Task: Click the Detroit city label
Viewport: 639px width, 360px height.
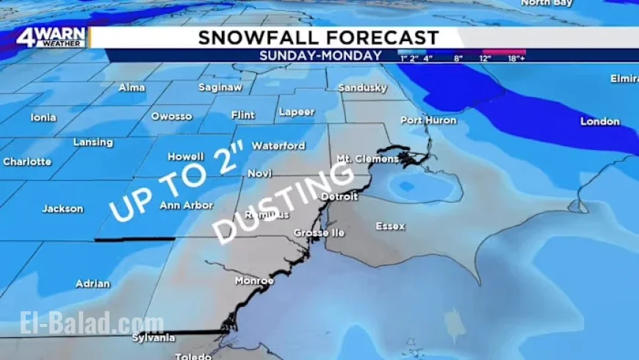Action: pyautogui.click(x=339, y=197)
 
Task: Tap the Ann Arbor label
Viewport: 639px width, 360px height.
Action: pyautogui.click(x=186, y=206)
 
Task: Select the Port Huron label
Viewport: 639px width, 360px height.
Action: pyautogui.click(x=428, y=120)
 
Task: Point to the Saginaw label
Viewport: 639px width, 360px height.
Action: pyautogui.click(x=220, y=87)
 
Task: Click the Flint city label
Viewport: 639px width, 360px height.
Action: pyautogui.click(x=242, y=115)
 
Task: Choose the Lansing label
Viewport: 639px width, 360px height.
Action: pyautogui.click(x=93, y=143)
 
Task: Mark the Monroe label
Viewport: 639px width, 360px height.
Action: pyautogui.click(x=254, y=281)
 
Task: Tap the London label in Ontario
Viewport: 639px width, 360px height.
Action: pyautogui.click(x=600, y=121)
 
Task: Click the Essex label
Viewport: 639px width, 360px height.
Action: pyautogui.click(x=390, y=226)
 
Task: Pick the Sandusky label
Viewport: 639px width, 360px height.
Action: pyautogui.click(x=362, y=88)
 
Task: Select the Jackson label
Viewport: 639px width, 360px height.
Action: pyautogui.click(x=62, y=209)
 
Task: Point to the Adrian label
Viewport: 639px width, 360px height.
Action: pyautogui.click(x=93, y=284)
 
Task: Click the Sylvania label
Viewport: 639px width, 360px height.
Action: pyautogui.click(x=154, y=338)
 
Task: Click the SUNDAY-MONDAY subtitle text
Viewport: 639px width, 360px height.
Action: pyautogui.click(x=320, y=55)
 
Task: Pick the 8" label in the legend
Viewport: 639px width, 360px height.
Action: pyautogui.click(x=458, y=58)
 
